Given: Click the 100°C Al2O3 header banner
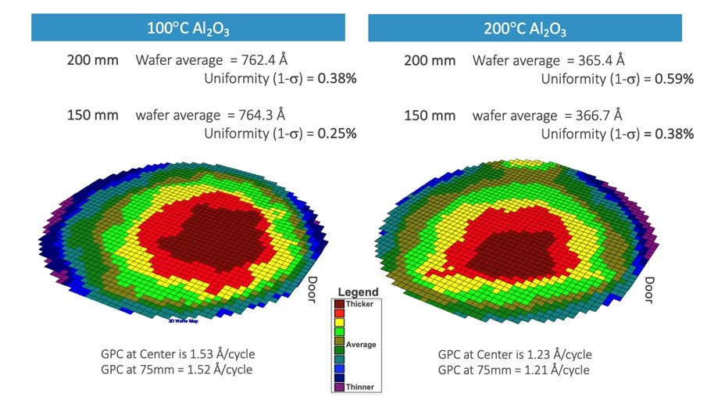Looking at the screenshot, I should pyautogui.click(x=188, y=30).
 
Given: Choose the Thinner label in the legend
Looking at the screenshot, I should pyautogui.click(x=359, y=386).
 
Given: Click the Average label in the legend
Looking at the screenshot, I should pyautogui.click(x=362, y=345).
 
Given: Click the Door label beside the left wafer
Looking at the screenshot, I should pyautogui.click(x=311, y=291).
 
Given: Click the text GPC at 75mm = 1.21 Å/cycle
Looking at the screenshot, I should pyautogui.click(x=514, y=370).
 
